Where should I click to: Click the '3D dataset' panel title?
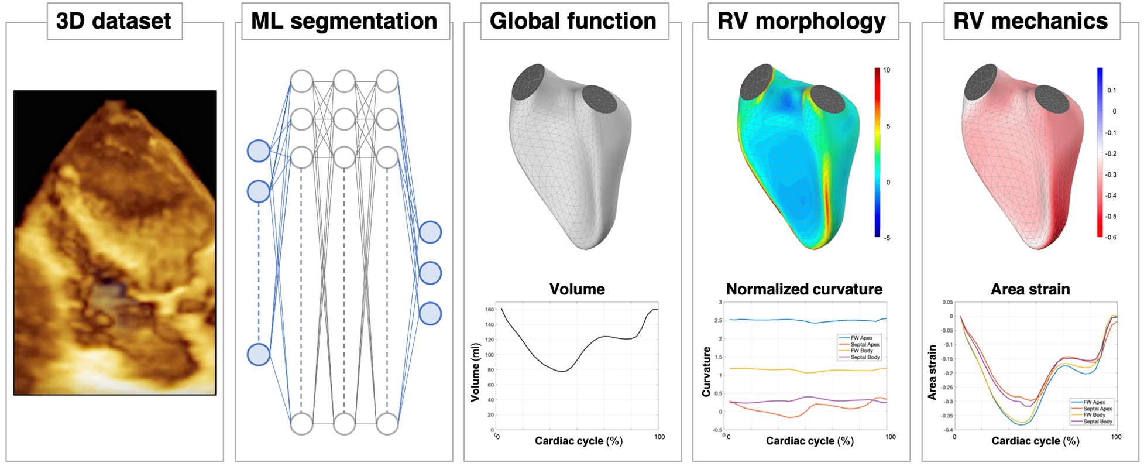[114, 21]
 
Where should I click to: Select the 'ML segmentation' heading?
[344, 21]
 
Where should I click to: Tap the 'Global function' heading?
[573, 21]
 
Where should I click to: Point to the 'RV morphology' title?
[802, 21]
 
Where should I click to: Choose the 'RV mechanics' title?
[1030, 21]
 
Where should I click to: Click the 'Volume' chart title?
[577, 289]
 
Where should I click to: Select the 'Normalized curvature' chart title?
[804, 289]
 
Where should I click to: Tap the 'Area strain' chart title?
[1030, 289]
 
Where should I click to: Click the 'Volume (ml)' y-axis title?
[475, 372]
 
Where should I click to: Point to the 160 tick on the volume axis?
[489, 310]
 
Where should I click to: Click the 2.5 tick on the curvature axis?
[719, 320]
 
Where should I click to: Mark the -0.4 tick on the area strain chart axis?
[946, 430]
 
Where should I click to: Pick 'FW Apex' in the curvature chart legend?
[862, 338]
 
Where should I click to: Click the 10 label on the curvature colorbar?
[887, 70]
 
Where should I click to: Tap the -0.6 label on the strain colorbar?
[1110, 237]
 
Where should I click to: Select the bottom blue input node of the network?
[259, 355]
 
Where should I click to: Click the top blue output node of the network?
[430, 232]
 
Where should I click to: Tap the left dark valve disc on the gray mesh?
[528, 83]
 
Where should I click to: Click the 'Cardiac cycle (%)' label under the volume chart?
[578, 441]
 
